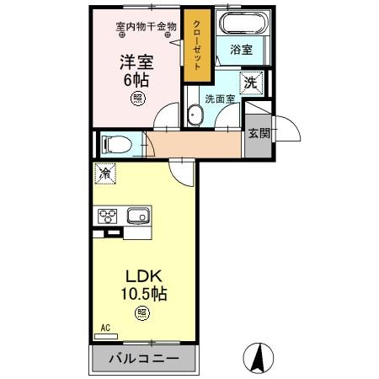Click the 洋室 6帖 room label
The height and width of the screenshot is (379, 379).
136,69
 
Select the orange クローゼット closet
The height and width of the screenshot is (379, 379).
197,47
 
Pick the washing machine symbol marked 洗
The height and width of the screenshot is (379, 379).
251,83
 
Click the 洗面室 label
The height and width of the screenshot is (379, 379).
222,99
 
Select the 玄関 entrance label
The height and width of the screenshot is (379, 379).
258,133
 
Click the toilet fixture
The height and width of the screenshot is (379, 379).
113,144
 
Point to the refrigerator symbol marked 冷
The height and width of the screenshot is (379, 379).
106,174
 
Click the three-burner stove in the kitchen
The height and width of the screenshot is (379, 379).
107,216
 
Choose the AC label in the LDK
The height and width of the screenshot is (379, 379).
105,326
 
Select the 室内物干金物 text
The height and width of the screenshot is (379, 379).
146,26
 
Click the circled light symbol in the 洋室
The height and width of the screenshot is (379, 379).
136,99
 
